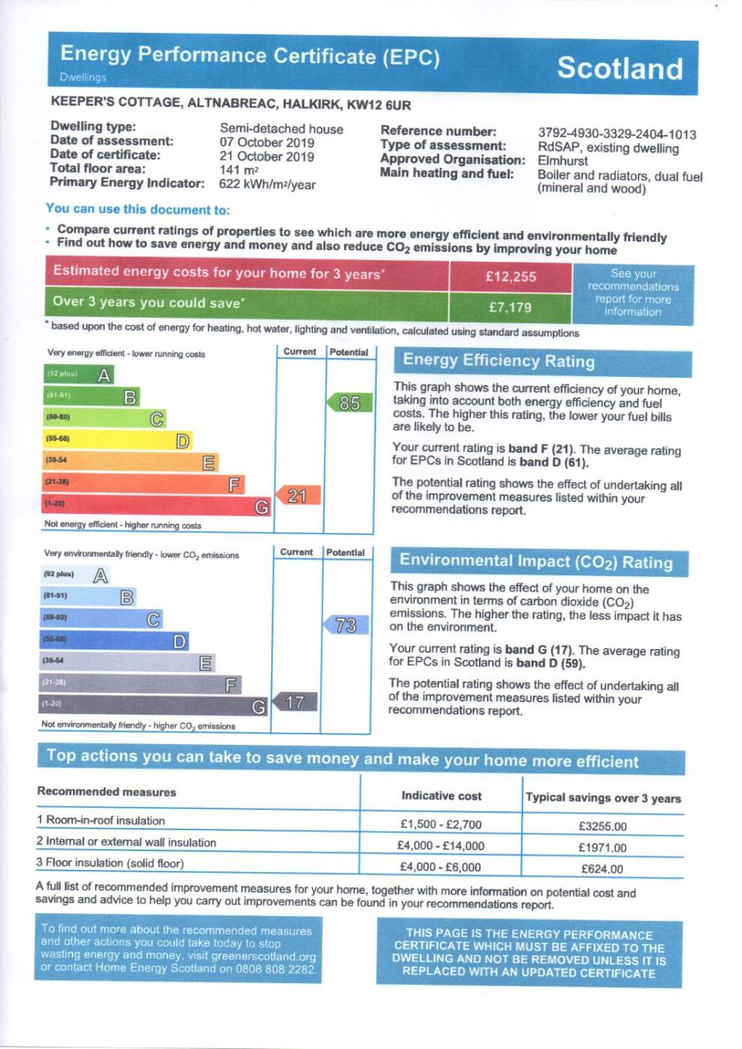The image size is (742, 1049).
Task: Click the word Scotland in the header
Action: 620,68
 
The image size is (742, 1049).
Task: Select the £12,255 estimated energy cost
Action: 510,276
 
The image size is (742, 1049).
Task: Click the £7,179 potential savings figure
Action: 510,307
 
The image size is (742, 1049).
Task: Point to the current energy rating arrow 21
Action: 298,495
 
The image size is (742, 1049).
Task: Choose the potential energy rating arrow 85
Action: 349,403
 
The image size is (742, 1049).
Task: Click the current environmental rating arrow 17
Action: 295,702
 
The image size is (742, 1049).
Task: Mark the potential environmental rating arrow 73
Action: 346,625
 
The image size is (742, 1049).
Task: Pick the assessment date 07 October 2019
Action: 267,142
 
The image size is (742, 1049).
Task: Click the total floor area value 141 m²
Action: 238,170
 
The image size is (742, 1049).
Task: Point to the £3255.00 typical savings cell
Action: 603,826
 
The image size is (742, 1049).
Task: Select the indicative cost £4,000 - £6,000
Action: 441,867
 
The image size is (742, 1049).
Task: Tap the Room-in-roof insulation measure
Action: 100,820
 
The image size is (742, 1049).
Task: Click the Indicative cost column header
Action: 441,796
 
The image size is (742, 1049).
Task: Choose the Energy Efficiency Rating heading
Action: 498,360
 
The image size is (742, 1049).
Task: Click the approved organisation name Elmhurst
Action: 563,161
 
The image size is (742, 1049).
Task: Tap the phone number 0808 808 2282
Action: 283,968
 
